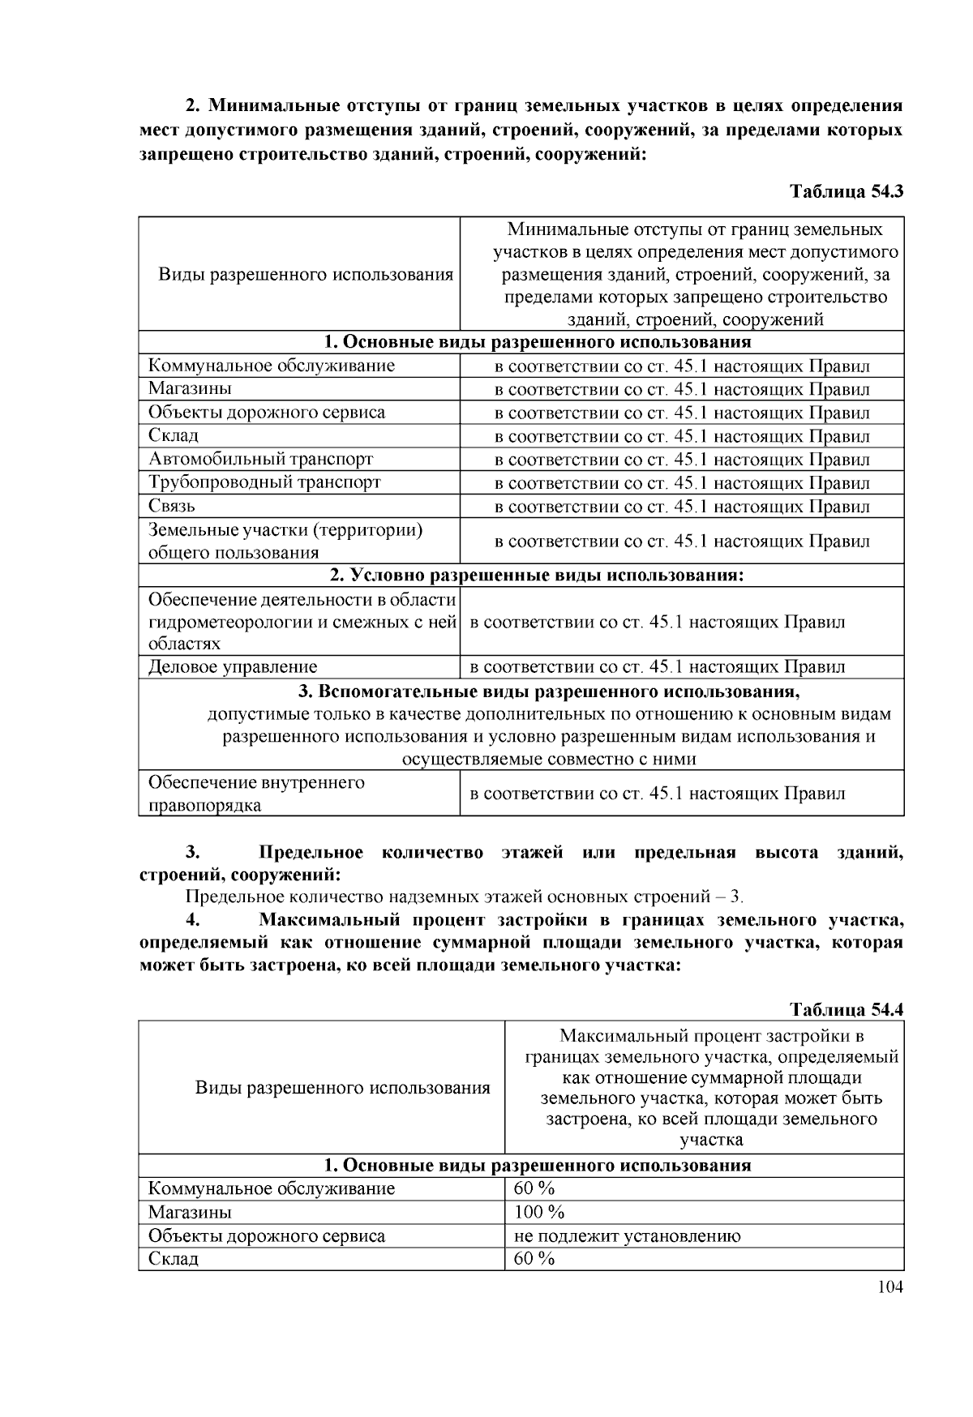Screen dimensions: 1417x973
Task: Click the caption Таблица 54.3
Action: tap(846, 192)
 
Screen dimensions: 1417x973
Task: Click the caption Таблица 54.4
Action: tap(846, 1009)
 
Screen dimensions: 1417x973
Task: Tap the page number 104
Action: tap(889, 1287)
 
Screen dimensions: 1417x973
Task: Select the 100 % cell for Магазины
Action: tap(539, 1212)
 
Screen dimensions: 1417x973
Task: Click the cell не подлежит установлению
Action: tap(627, 1235)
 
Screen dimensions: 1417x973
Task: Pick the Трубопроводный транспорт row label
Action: tap(264, 482)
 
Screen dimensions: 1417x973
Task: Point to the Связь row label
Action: tap(172, 506)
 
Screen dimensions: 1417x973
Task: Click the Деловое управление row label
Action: tap(233, 666)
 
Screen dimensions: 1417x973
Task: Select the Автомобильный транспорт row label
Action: tap(260, 459)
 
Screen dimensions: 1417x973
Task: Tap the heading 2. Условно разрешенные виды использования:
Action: tap(537, 576)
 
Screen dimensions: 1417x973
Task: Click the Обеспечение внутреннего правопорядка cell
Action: tap(256, 794)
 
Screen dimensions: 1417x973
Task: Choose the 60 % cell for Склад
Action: tap(534, 1258)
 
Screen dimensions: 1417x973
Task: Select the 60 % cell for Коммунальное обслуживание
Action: tap(534, 1188)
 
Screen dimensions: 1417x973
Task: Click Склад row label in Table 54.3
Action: tap(174, 435)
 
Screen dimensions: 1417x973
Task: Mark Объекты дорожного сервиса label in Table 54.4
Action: tap(267, 1235)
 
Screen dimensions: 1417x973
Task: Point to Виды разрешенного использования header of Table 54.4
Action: tap(342, 1087)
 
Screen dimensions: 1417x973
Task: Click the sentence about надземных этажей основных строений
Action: tap(464, 897)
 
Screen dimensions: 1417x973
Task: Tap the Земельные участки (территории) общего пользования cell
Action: tap(285, 541)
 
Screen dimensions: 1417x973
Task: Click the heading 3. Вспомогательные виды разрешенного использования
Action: tap(549, 692)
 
